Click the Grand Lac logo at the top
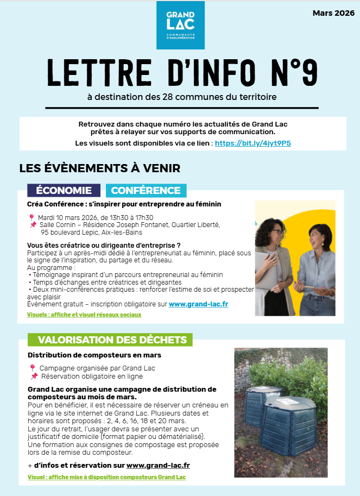click(180, 25)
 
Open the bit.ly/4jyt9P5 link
click(252, 143)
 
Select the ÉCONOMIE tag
click(64, 191)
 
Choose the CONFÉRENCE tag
click(146, 191)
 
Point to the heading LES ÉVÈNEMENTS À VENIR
click(99, 168)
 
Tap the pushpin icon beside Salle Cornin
click(33, 225)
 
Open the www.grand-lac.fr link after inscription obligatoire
click(198, 304)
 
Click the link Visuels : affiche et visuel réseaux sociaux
click(84, 315)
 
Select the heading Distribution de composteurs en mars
click(94, 355)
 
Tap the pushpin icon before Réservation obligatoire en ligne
click(34, 376)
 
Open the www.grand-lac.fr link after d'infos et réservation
click(158, 466)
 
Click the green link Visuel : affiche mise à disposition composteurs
click(106, 477)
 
